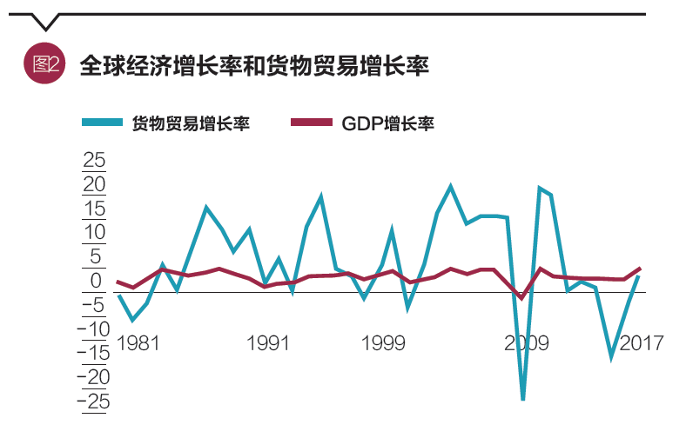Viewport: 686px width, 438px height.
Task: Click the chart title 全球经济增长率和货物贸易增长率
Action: point(254,65)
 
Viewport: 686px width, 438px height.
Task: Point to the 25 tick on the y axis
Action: point(93,162)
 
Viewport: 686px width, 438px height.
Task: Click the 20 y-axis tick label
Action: point(93,185)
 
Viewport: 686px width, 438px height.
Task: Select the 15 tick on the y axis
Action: point(93,209)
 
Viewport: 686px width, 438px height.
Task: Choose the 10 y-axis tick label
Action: point(93,233)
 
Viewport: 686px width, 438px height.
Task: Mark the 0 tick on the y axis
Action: point(97,281)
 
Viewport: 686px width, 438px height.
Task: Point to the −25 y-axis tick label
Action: point(93,401)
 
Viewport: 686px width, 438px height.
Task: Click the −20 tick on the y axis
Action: point(93,377)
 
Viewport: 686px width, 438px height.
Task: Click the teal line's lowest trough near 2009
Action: point(523,399)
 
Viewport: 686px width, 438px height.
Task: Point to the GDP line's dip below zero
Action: point(521,298)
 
